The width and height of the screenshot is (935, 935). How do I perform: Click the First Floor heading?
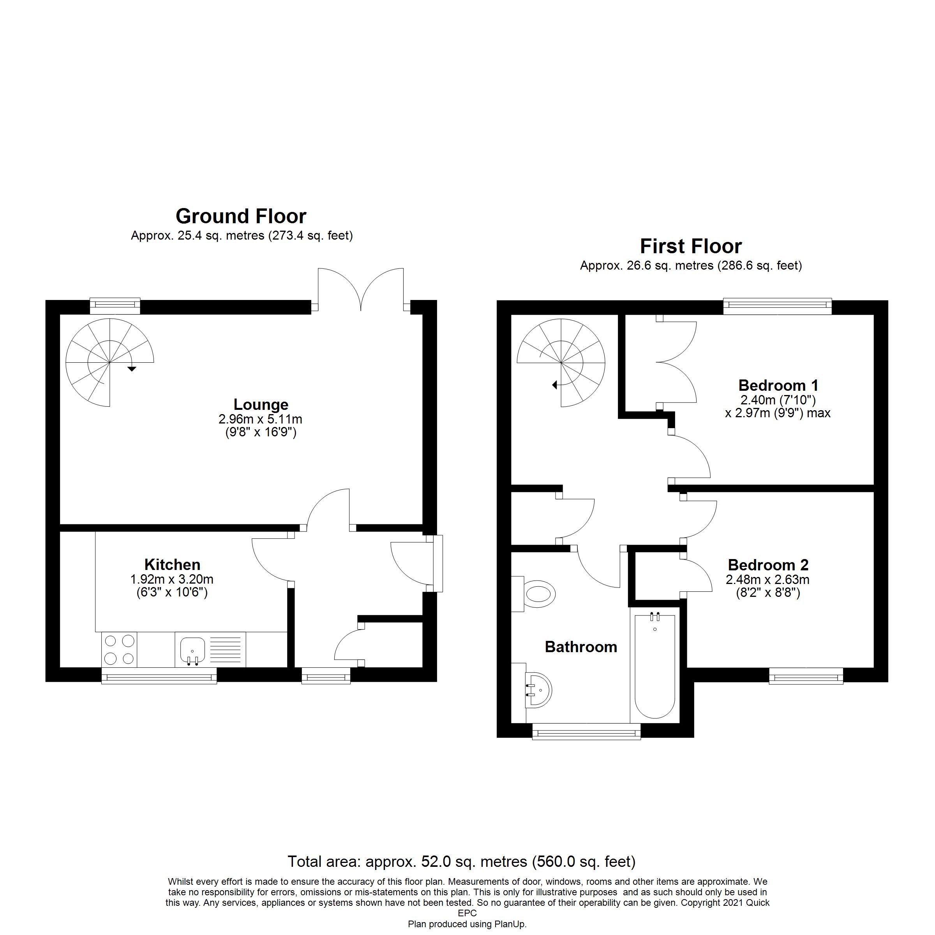point(691,246)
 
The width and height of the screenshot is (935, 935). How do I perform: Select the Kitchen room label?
point(172,565)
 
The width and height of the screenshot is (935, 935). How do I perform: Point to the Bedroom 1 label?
point(778,385)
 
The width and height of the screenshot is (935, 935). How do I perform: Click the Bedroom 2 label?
point(768,565)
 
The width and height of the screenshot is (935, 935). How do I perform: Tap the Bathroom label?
point(581,647)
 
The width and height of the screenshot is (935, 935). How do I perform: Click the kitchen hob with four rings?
point(119,650)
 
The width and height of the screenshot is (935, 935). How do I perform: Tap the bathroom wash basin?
point(538,690)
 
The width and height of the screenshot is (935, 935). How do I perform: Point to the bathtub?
point(655,666)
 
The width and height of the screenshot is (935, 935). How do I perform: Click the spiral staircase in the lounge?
point(109,362)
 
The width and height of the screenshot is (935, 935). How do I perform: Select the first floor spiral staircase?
point(561,362)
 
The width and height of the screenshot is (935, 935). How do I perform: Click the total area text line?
point(461,861)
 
